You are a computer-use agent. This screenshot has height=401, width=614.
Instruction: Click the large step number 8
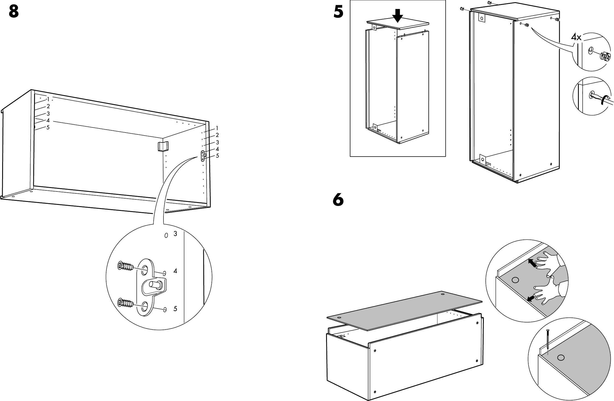(14, 11)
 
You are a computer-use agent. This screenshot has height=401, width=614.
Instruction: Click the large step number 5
(339, 12)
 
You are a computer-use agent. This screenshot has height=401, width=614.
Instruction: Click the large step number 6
(338, 200)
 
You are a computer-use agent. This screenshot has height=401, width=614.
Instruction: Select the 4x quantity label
(576, 37)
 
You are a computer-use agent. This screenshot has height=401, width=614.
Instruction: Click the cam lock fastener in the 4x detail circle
(605, 57)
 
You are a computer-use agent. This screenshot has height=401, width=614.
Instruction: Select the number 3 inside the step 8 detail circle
(175, 234)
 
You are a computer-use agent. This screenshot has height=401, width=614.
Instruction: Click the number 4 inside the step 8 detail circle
(175, 271)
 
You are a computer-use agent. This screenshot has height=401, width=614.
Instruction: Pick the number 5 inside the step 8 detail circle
(175, 309)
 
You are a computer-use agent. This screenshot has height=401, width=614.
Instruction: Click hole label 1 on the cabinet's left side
(48, 99)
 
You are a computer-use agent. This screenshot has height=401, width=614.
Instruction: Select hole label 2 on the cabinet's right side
(217, 135)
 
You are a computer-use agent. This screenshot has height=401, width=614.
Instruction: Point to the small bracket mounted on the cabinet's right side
(203, 156)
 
